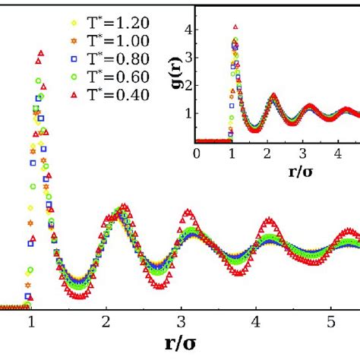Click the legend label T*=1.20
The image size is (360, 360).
click(112, 22)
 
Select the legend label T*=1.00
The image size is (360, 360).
click(112, 39)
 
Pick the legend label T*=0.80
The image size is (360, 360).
click(112, 58)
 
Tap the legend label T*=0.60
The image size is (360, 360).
click(112, 75)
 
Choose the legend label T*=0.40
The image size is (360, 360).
click(112, 93)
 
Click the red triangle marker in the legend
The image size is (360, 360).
click(52, 94)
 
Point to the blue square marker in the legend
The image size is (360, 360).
click(52, 58)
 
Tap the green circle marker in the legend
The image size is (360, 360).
click(52, 76)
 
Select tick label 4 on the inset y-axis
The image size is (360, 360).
click(185, 30)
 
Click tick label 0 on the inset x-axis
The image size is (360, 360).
click(196, 154)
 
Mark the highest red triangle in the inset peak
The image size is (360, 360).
click(235, 27)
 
